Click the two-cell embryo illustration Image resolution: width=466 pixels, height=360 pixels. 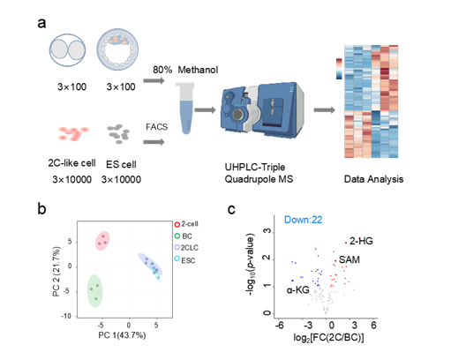67,50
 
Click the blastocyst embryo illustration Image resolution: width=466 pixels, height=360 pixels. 117,49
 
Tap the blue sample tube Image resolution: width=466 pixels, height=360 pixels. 184,109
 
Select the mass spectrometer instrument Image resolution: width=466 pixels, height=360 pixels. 263,110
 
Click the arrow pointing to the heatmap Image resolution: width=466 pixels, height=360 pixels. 324,110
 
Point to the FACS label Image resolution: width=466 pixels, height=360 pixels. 156,127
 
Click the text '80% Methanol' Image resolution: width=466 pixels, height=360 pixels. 185,70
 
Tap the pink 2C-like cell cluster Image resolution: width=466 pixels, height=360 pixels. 73,133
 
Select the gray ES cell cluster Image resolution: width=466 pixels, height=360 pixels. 118,133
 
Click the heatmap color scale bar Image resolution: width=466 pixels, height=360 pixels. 339,69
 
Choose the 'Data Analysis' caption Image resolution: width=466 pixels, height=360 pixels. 373,179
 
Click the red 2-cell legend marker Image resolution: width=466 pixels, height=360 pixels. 177,224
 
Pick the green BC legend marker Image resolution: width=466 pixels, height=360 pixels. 177,236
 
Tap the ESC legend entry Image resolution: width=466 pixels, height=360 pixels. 184,260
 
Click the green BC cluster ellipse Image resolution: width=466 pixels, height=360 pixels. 95,291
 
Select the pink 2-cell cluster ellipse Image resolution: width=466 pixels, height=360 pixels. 102,241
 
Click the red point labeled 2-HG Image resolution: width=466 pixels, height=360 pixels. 346,243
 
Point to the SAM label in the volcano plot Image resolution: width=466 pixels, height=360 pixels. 349,260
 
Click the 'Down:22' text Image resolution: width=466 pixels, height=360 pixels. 303,220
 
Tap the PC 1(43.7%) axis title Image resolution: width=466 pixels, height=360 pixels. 122,335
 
